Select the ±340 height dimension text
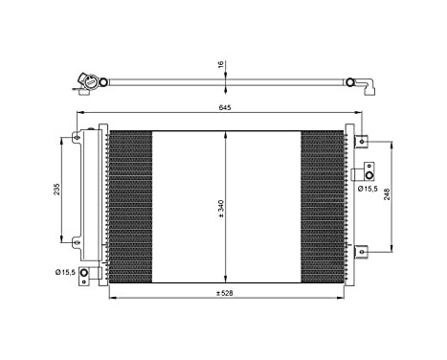220,208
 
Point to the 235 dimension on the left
57,189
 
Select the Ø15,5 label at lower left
65,275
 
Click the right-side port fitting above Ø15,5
361,173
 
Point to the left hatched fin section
130,206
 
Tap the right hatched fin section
322,206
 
